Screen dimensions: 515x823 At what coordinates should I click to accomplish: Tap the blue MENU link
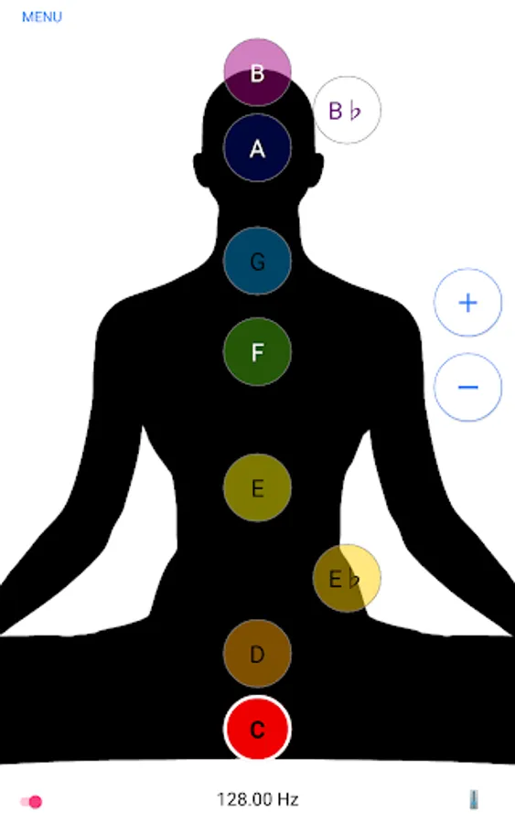pyautogui.click(x=41, y=16)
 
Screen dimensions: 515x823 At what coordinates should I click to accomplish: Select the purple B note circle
pyautogui.click(x=257, y=72)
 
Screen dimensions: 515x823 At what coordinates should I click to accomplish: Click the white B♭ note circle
pyautogui.click(x=347, y=110)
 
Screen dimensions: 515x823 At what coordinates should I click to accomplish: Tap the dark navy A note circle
pyautogui.click(x=257, y=148)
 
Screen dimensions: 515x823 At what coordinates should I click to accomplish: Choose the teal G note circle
pyautogui.click(x=257, y=261)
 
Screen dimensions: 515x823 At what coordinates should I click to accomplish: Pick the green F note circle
pyautogui.click(x=257, y=352)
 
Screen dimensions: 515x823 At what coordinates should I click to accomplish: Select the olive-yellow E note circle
pyautogui.click(x=257, y=488)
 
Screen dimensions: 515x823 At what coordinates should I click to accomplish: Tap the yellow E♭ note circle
pyautogui.click(x=347, y=578)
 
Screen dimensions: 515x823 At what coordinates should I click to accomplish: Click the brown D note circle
pyautogui.click(x=257, y=654)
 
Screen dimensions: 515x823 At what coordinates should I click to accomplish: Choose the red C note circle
pyautogui.click(x=257, y=729)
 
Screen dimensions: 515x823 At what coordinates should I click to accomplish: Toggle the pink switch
pyautogui.click(x=31, y=801)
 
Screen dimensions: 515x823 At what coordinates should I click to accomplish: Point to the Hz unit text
pyautogui.click(x=288, y=799)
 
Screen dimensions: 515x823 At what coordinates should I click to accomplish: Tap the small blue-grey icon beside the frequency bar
pyautogui.click(x=473, y=799)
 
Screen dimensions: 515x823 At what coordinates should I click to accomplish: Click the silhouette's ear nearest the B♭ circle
pyautogui.click(x=317, y=170)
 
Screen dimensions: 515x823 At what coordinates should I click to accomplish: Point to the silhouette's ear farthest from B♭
pyautogui.click(x=199, y=170)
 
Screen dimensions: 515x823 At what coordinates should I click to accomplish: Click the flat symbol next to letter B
pyautogui.click(x=356, y=111)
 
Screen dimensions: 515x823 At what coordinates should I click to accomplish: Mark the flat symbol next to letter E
pyautogui.click(x=354, y=579)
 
